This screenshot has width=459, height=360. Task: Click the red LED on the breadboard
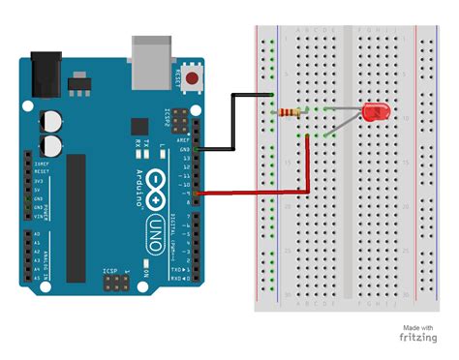[373, 113]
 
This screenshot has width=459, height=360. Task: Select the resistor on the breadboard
[289, 112]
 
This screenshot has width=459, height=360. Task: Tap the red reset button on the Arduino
[198, 78]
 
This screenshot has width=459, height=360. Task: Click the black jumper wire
[232, 121]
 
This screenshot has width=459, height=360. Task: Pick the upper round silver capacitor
[50, 123]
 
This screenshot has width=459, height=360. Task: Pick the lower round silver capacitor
[50, 145]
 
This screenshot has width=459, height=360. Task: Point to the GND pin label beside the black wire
[185, 150]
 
